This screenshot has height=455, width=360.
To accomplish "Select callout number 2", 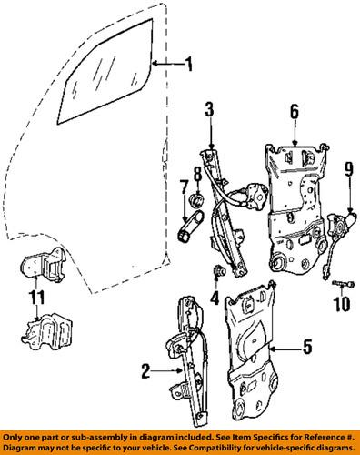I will click(x=145, y=370).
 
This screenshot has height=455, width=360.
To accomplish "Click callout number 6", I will click(x=294, y=112).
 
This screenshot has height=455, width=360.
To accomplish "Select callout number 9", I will click(x=346, y=193).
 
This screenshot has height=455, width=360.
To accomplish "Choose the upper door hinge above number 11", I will click(x=37, y=268).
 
